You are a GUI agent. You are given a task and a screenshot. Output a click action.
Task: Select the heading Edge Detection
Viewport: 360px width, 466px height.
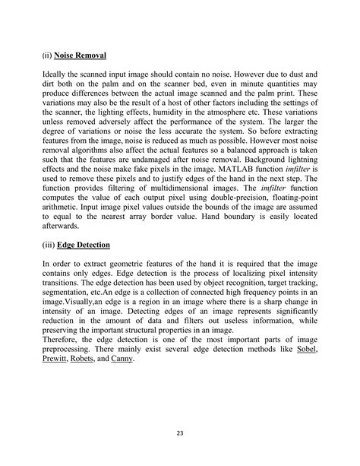[x=87, y=246]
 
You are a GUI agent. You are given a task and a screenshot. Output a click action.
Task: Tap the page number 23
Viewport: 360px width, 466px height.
[x=180, y=433]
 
